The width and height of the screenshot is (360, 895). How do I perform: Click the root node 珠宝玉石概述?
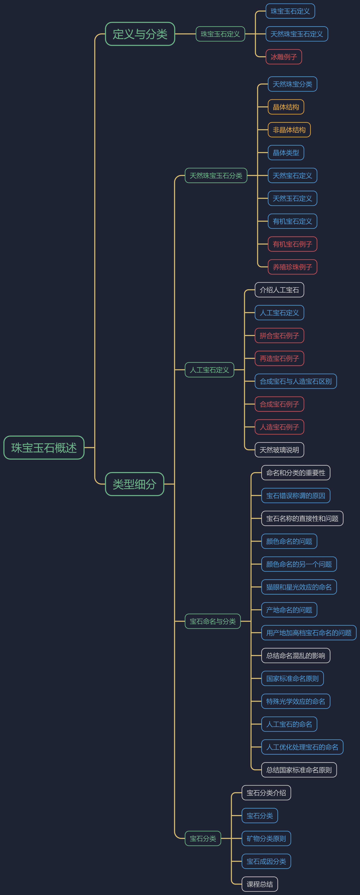tap(44, 447)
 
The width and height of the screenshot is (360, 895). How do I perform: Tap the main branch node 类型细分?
tap(134, 484)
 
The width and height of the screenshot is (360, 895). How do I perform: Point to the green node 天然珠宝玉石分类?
tap(216, 175)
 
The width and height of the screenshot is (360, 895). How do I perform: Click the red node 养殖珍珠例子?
tap(292, 267)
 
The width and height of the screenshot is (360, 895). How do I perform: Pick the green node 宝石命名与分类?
tap(213, 621)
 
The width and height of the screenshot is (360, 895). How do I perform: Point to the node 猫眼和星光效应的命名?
tap(299, 587)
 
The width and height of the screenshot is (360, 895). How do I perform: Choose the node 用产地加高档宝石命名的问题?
tap(309, 633)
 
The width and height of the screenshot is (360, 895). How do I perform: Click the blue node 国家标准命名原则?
tap(292, 678)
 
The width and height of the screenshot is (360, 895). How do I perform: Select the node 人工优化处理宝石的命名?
tap(302, 747)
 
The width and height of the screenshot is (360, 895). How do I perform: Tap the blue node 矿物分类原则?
tap(266, 838)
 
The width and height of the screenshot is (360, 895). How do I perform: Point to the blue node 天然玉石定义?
tap(292, 198)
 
